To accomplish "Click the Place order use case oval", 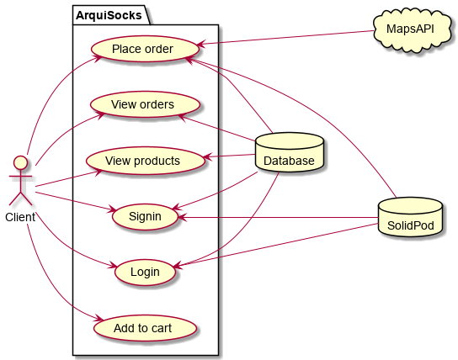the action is [x=145, y=49].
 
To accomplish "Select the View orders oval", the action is [x=145, y=104].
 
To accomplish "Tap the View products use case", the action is [x=145, y=161].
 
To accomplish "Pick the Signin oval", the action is [x=145, y=216].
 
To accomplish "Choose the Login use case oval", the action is [x=145, y=272].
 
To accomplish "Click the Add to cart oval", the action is [x=145, y=328].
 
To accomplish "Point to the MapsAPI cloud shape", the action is [x=412, y=29].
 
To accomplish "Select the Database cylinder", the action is [x=290, y=152].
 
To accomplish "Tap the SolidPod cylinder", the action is [x=410, y=217].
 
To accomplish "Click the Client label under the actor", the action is [x=20, y=217].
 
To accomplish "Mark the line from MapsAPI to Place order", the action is [x=285, y=37].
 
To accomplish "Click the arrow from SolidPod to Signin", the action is [x=278, y=217].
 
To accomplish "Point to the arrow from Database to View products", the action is [x=229, y=156].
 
